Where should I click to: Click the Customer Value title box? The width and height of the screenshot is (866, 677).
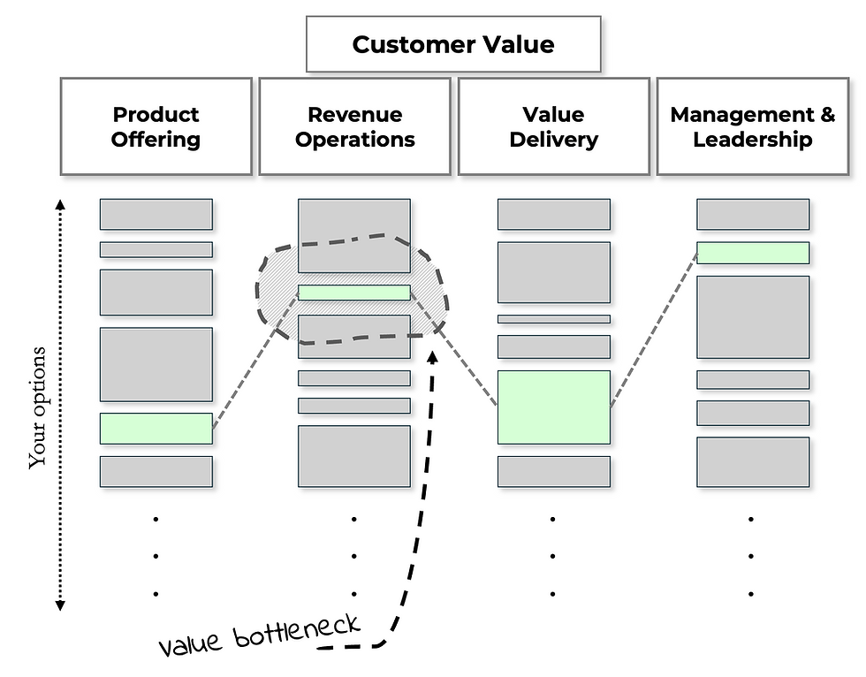click(453, 44)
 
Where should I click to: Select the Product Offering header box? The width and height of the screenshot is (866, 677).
click(156, 126)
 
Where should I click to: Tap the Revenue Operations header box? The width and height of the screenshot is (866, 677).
click(354, 126)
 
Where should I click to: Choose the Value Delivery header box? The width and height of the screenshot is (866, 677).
click(553, 126)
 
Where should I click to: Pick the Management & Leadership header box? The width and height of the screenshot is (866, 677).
click(752, 126)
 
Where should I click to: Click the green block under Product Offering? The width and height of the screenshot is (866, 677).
click(156, 428)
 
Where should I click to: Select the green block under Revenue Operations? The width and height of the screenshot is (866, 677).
click(353, 293)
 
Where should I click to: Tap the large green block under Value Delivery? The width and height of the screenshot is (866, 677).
click(553, 407)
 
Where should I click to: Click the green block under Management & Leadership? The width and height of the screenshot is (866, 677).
click(752, 253)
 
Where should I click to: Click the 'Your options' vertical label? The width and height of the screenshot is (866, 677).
click(37, 407)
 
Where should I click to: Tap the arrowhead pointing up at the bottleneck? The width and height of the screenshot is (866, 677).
click(433, 355)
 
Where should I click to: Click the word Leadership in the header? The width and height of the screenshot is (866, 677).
click(752, 140)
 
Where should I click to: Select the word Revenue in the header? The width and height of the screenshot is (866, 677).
click(354, 114)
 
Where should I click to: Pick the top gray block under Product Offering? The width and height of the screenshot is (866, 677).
click(156, 214)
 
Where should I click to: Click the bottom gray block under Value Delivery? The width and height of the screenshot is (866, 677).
click(553, 471)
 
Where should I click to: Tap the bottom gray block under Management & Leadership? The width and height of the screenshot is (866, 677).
click(752, 461)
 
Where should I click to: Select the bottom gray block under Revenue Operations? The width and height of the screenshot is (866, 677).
click(353, 456)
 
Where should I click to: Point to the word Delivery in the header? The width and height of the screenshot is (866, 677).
click(553, 140)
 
